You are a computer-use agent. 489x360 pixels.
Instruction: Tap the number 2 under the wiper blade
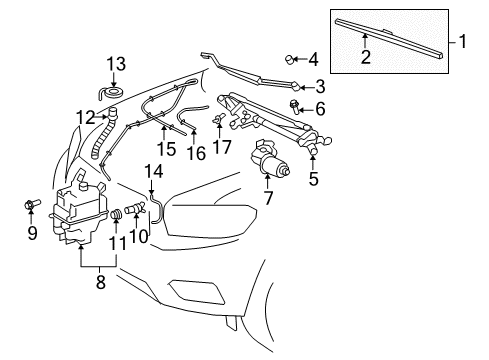366,58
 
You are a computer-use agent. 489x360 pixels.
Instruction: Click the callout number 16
196,153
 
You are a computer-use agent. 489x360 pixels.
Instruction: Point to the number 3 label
320,85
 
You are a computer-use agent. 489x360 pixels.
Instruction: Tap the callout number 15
166,149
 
